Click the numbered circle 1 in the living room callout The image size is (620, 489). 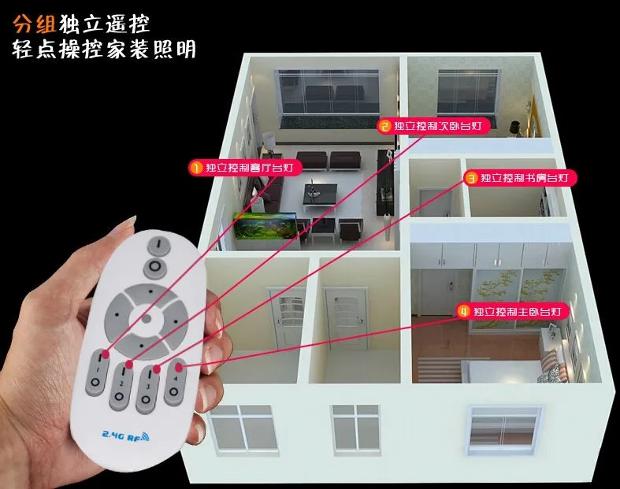(196, 168)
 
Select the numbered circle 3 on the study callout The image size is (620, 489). (471, 178)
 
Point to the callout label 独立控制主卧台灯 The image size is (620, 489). (518, 312)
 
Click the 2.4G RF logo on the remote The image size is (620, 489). (126, 435)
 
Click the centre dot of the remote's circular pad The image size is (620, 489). (147, 318)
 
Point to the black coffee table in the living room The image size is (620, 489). (320, 194)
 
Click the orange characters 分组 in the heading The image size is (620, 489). (35, 26)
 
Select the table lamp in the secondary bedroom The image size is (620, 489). (514, 129)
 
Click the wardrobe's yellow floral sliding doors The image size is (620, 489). (520, 299)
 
